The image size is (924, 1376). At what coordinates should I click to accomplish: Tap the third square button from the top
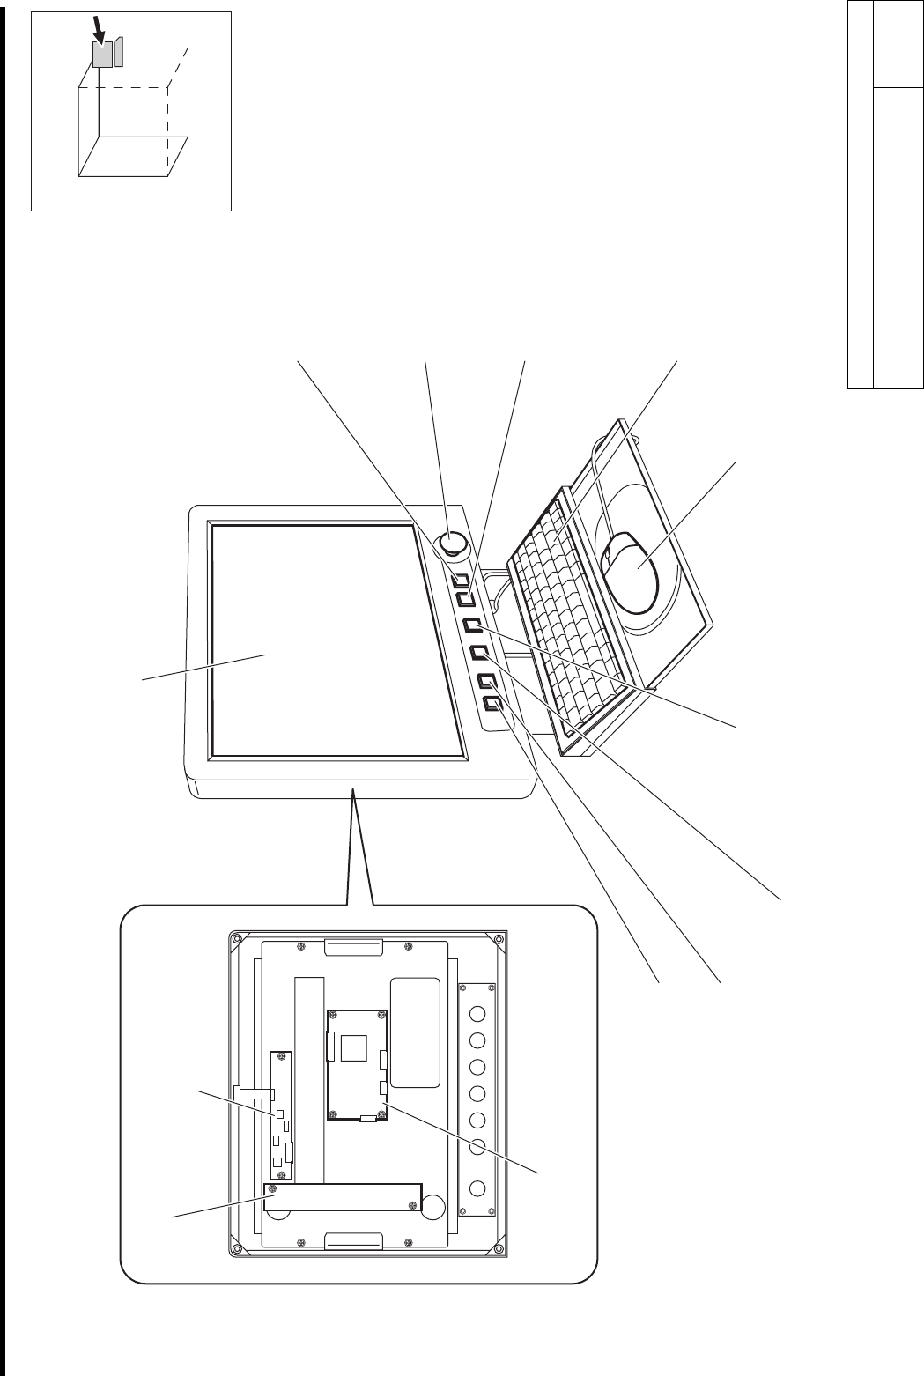tap(473, 626)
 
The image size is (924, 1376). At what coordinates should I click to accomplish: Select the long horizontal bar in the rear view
tap(344, 1196)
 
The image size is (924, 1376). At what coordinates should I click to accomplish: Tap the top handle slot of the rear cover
tap(352, 947)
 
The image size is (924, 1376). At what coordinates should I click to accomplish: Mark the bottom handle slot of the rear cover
tap(352, 1242)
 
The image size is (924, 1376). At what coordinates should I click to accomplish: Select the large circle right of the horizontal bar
tap(432, 1207)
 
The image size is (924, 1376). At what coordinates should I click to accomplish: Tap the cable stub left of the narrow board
tap(254, 1093)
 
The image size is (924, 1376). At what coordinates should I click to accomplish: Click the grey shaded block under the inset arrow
tap(102, 55)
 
